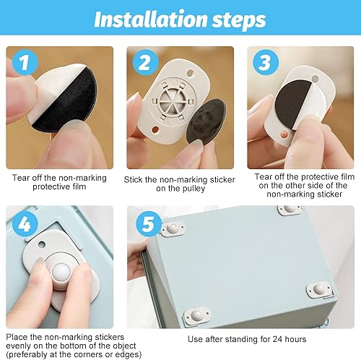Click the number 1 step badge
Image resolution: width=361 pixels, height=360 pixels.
click(x=25, y=62)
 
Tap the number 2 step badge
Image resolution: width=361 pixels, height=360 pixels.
click(x=145, y=62)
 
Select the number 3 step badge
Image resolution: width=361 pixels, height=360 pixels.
click(x=266, y=62)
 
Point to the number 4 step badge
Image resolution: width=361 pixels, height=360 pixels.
click(x=25, y=224)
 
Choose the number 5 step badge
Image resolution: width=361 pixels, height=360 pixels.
click(x=149, y=224)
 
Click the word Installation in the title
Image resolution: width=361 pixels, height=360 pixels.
click(x=151, y=19)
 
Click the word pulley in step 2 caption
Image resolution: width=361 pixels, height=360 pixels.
click(x=193, y=189)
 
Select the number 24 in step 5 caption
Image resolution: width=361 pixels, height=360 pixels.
click(x=277, y=339)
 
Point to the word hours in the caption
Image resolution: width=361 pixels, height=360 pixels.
click(x=295, y=339)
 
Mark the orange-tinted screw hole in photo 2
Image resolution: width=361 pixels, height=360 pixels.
click(x=155, y=130)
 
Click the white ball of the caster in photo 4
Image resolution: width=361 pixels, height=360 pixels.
click(x=61, y=273)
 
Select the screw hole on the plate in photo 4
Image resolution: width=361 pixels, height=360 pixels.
click(x=42, y=244)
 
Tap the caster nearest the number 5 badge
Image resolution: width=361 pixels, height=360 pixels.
click(x=173, y=228)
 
